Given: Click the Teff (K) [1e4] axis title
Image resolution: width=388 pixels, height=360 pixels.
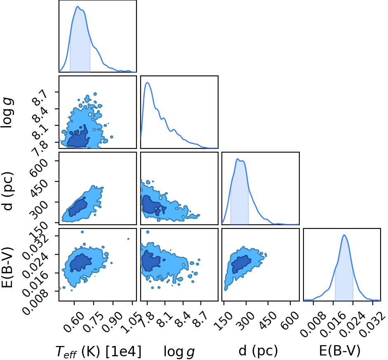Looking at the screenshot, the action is coord(99,351).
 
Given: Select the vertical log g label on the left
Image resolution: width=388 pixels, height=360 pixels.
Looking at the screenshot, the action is coord(7,113).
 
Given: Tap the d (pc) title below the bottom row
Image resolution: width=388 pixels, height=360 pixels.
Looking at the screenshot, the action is coord(258,351).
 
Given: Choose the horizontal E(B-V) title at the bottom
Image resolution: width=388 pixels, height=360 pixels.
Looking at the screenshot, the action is coord(339,351).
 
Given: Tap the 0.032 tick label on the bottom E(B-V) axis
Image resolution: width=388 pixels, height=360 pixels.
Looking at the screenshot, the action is coord(372,324).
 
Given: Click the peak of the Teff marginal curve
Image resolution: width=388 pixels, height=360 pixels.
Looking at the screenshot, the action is coord(78,7).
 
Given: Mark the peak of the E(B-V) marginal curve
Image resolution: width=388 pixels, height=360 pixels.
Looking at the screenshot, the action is coord(344,235).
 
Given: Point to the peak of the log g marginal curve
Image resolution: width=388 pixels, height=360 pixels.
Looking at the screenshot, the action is coord(148,82).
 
